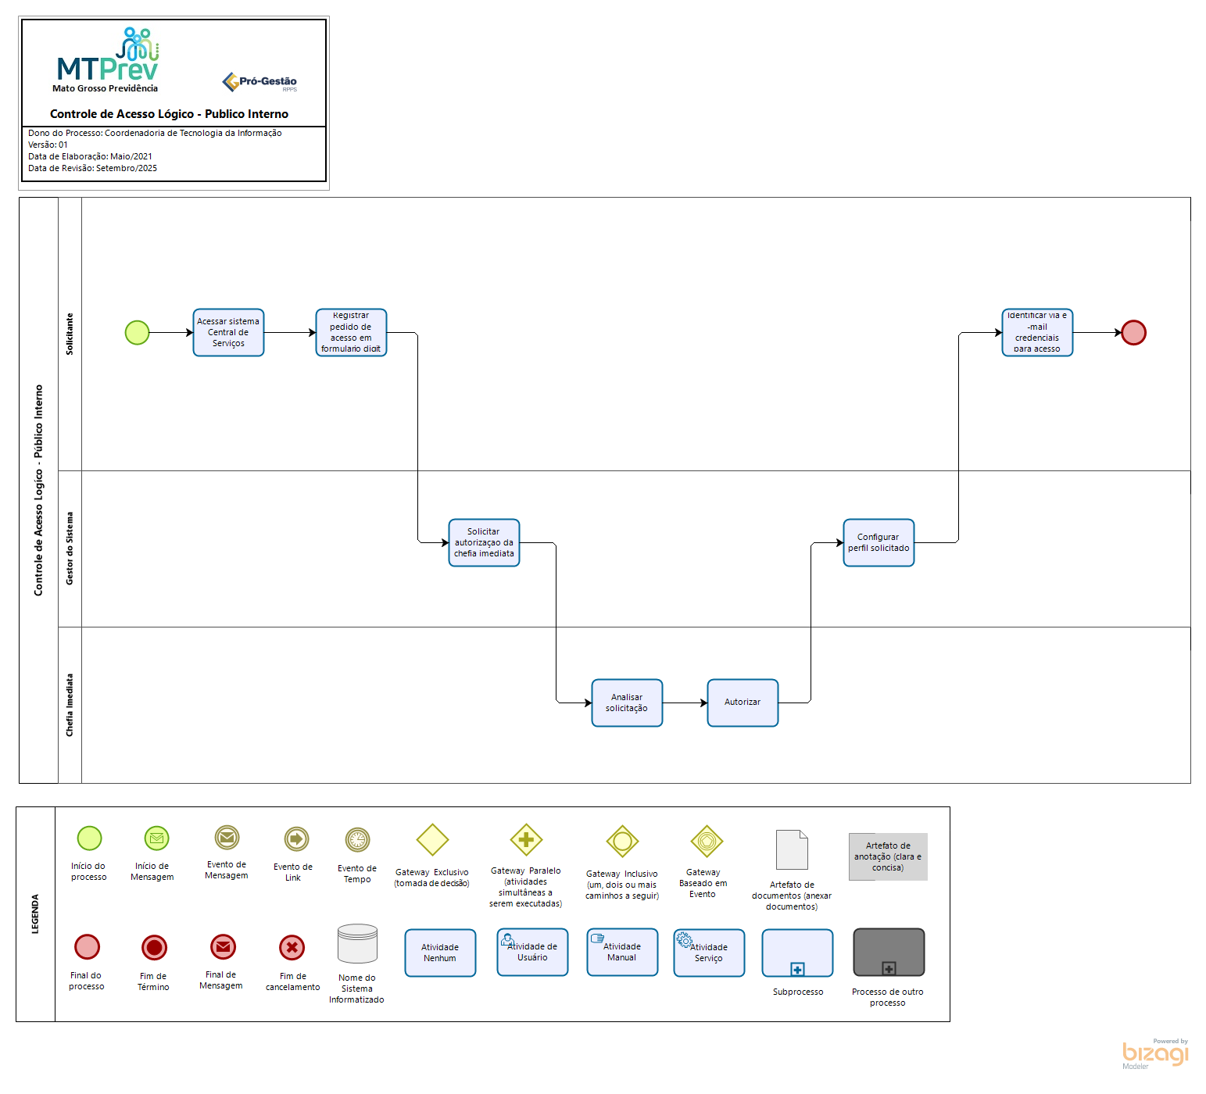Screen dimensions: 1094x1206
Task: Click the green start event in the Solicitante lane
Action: click(x=138, y=333)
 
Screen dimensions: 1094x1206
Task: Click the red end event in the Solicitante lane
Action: click(x=1133, y=333)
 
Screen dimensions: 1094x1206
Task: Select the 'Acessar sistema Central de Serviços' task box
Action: click(x=228, y=333)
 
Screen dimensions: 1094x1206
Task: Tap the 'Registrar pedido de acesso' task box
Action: click(x=351, y=333)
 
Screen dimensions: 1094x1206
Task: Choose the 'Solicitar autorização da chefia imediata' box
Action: click(x=484, y=543)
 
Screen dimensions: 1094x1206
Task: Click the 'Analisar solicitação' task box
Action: click(x=627, y=703)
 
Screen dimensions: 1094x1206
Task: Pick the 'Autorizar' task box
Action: click(x=743, y=703)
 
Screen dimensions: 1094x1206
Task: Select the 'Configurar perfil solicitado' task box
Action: click(x=879, y=543)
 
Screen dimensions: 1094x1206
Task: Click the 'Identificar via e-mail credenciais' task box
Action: click(x=1037, y=333)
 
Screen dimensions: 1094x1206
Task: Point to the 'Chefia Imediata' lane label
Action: click(x=70, y=705)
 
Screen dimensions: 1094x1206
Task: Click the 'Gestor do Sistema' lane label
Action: click(x=70, y=549)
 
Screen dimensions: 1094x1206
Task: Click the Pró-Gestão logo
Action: click(x=260, y=82)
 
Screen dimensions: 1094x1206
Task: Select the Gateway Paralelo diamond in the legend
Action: click(x=526, y=840)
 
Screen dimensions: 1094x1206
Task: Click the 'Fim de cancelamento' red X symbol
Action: click(x=292, y=948)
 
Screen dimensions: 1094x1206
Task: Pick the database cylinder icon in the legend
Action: click(x=357, y=944)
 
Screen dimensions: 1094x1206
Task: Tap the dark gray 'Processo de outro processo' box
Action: click(x=889, y=953)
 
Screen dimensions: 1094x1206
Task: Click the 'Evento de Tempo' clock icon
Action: click(x=357, y=840)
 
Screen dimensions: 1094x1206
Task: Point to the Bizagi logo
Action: click(x=1154, y=1053)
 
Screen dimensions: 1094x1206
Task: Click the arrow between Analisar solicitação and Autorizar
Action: click(x=685, y=703)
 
